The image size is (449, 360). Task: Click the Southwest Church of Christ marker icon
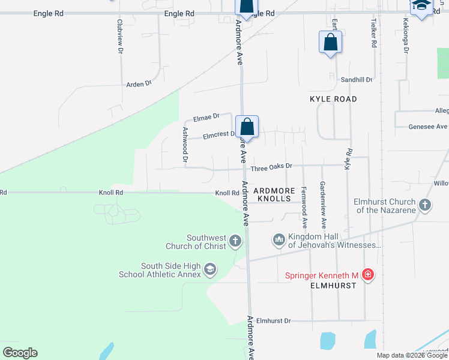tap(235, 242)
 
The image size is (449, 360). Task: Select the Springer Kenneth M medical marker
tap(368, 275)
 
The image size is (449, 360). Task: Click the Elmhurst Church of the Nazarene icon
tap(425, 205)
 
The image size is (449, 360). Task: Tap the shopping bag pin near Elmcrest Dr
tap(247, 127)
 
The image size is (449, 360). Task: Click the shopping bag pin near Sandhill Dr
tap(330, 43)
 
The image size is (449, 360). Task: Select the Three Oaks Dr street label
tap(271, 166)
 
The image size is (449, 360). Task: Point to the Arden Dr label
tap(139, 85)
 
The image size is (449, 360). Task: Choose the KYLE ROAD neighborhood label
tap(333, 99)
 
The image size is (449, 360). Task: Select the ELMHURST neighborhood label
tap(333, 286)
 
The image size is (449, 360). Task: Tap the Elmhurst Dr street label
tap(273, 321)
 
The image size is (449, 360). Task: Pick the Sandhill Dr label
tap(357, 80)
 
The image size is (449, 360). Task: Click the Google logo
tap(20, 353)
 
